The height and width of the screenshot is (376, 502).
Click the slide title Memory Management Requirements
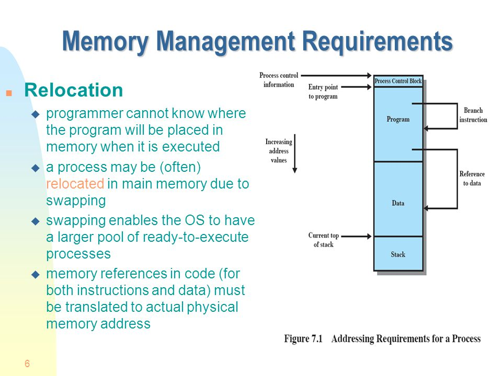(x=257, y=42)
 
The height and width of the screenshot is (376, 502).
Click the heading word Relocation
(x=74, y=90)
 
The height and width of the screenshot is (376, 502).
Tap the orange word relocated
(x=75, y=184)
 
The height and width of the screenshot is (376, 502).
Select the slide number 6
(x=27, y=364)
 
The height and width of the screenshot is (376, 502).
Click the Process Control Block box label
(x=398, y=81)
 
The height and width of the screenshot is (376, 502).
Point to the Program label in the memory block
(x=398, y=119)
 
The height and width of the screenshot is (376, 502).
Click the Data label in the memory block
(x=398, y=203)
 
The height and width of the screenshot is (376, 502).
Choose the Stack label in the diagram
(x=398, y=254)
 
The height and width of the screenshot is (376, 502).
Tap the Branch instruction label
(x=473, y=115)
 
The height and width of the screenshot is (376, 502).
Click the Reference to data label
(x=472, y=179)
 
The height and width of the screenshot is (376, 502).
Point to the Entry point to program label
(x=323, y=92)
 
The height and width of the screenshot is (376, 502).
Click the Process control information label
(x=279, y=80)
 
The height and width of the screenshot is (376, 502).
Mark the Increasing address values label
(x=279, y=151)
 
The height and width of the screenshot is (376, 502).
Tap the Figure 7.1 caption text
(x=382, y=339)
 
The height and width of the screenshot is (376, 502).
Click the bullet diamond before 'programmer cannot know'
(x=36, y=114)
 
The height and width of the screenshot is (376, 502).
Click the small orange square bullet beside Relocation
(x=9, y=93)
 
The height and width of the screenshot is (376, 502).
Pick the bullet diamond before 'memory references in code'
(x=36, y=274)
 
